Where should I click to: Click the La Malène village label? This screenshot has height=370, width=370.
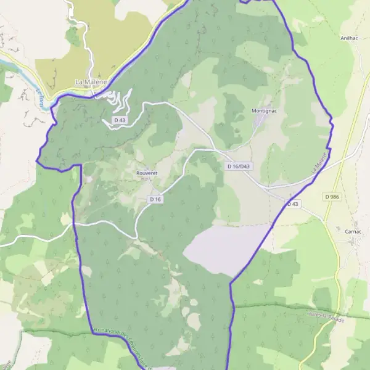(91, 81)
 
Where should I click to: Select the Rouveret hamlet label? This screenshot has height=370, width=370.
(147, 173)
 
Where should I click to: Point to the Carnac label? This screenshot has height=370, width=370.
(347, 230)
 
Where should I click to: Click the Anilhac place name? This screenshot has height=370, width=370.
(349, 38)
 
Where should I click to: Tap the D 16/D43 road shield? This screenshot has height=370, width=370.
(239, 166)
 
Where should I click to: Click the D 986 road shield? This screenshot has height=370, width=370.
(332, 197)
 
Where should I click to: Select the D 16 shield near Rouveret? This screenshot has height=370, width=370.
(155, 199)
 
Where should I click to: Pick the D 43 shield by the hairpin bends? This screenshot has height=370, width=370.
(120, 120)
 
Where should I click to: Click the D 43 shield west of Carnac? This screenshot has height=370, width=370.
(292, 204)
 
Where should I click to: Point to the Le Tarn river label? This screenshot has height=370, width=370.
(39, 97)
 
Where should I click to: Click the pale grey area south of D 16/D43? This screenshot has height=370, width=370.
(225, 247)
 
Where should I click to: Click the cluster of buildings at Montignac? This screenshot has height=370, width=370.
(260, 120)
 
